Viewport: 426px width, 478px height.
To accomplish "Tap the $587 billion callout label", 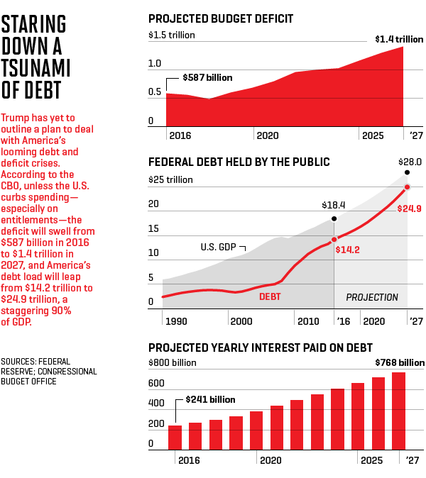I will pos(207,77).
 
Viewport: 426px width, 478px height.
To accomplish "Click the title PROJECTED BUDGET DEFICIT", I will pos(221,18).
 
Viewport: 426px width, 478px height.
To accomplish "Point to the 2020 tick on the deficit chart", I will pos(267,135).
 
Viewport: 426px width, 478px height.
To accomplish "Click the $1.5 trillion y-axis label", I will pos(171,35).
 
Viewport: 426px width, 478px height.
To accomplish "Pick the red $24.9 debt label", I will pos(410,209).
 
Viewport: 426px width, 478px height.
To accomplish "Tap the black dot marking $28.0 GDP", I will pos(407,172).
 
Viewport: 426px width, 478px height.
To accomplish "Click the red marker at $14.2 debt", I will pos(334,238).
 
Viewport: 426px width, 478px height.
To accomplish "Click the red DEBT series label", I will pos(270,296).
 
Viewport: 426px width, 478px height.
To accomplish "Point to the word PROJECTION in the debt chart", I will pos(372,297).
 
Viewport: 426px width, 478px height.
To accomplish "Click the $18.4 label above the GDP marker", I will pos(333,205).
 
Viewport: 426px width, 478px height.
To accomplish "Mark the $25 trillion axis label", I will pos(170,179).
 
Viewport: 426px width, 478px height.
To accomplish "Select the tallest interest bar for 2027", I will pos(398,411).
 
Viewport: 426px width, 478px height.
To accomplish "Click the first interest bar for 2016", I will pos(175,437).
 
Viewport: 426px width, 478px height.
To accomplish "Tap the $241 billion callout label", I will pos(210,399).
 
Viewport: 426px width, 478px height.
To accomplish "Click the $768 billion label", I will pos(399,362).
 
